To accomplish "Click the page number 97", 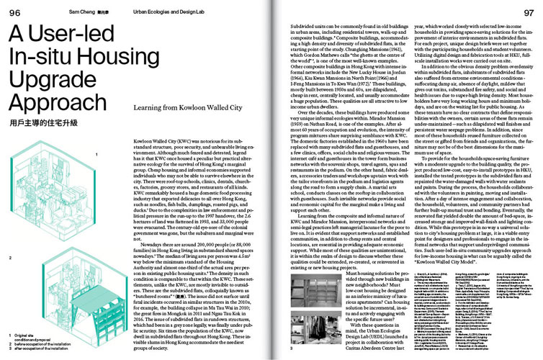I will point(529,12).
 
